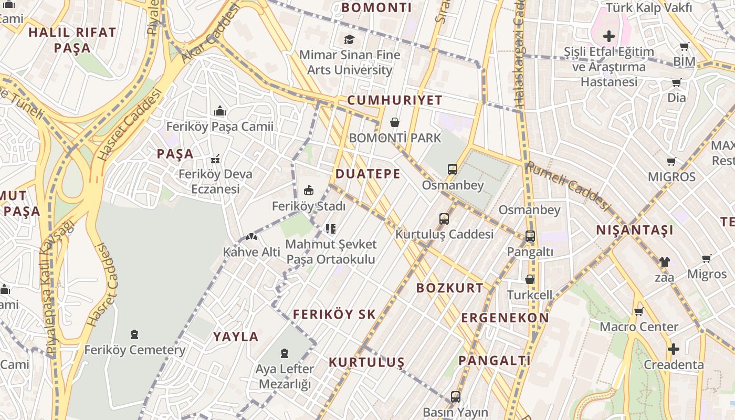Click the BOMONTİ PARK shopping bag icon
[394, 123]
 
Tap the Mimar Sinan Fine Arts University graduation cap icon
[349, 39]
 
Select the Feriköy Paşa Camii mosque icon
[220, 111]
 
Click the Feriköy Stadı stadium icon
[309, 190]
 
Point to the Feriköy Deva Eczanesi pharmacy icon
[215, 159]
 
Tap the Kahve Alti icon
[251, 237]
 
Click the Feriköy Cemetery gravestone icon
[134, 334]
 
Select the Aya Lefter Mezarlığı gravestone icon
[285, 353]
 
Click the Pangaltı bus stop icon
[530, 236]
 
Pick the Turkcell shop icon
[530, 279]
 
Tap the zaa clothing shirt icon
[664, 261]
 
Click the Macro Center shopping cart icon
[639, 311]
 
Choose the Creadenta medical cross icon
[673, 349]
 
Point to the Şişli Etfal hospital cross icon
[609, 36]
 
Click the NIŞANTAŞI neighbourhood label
[635, 230]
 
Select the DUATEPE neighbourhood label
[367, 174]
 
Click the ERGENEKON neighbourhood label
[505, 318]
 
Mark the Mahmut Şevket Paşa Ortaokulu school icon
[331, 228]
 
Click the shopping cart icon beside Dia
[676, 82]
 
